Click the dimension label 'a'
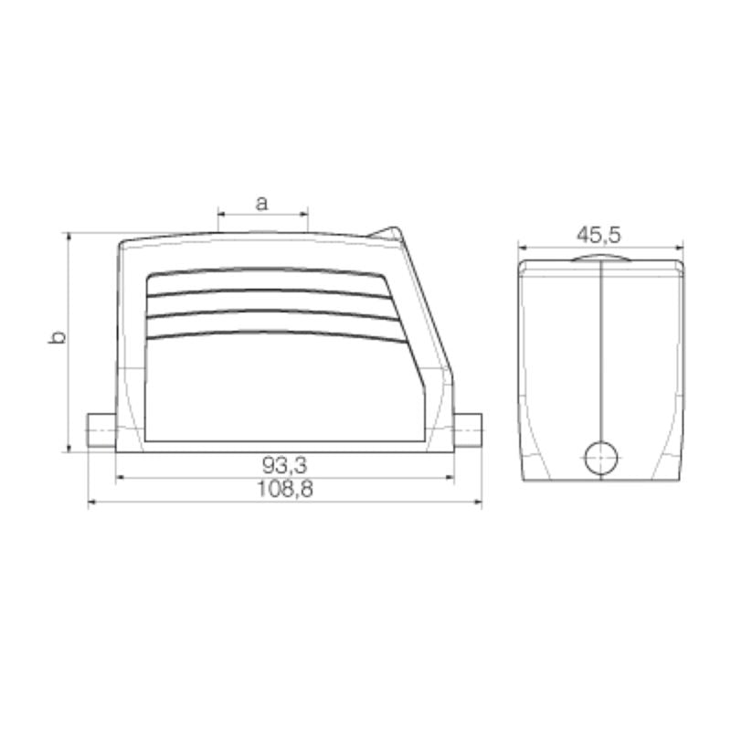pos(261,203)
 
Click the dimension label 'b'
pos(56,338)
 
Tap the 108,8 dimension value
pos(284,490)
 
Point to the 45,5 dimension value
pos(599,235)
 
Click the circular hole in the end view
pos(600,457)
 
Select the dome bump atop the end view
pos(600,259)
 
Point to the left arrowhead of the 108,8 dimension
pos(91,502)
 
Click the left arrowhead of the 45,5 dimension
pos(523,247)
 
